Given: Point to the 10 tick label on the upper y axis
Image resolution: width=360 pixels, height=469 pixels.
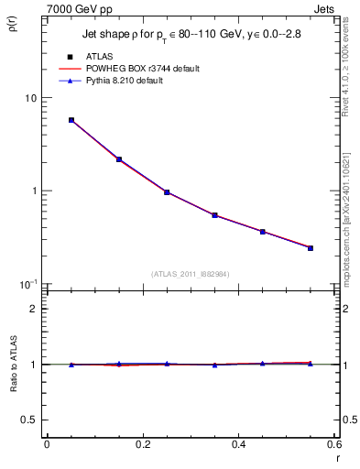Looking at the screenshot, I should (x=30, y=98).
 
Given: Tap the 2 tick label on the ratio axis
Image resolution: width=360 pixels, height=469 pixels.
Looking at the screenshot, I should (x=34, y=309).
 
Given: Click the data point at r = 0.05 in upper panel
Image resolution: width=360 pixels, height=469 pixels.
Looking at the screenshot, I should (x=71, y=120).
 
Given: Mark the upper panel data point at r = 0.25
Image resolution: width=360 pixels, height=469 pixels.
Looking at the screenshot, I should (x=167, y=192).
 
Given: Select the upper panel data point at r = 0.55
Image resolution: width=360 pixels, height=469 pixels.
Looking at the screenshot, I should (x=311, y=248).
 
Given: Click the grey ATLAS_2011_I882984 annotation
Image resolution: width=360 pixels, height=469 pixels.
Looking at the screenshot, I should (x=191, y=274).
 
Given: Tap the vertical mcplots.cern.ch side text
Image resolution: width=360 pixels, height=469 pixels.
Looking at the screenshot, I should (x=348, y=229).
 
